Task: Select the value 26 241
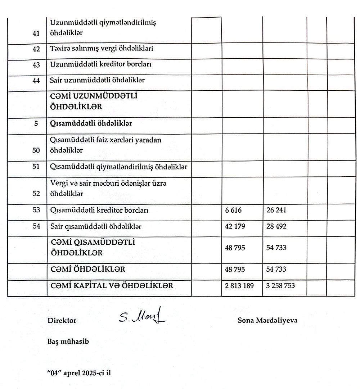click(x=276, y=211)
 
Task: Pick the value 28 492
click(x=276, y=227)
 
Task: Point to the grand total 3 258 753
click(x=281, y=286)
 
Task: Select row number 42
click(x=36, y=49)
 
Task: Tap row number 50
click(x=36, y=151)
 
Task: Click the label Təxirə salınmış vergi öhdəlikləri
click(x=102, y=49)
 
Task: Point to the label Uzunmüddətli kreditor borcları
click(x=100, y=65)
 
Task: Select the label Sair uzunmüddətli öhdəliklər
click(x=97, y=80)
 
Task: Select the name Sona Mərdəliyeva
click(x=267, y=320)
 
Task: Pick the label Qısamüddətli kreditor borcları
click(x=99, y=211)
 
